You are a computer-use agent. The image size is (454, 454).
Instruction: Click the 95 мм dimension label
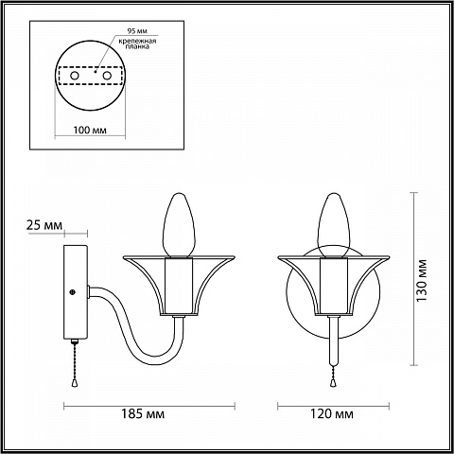pos(137,31)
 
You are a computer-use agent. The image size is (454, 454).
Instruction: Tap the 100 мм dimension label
pos(90,130)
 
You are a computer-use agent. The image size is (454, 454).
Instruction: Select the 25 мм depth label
pos(44,225)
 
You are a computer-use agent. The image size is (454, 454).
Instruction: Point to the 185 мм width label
pos(143,413)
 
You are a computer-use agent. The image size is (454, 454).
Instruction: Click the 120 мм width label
pos(332,413)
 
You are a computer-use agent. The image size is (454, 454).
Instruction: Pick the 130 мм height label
pos(421,280)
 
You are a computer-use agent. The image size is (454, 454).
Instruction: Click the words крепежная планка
pos(137,44)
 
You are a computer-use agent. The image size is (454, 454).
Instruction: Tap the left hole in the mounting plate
pos(75,76)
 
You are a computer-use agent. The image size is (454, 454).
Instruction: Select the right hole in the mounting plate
pos(107,76)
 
